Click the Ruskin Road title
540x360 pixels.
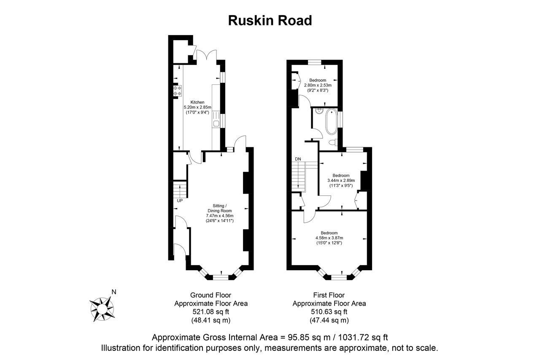tap(270, 20)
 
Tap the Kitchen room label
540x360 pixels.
tap(197, 102)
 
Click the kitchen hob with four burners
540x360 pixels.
tap(177, 90)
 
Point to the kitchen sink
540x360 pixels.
tap(216, 123)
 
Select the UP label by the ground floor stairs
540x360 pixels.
tap(180, 200)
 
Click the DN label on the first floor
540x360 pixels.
tap(298, 159)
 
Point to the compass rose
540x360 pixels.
tap(101, 308)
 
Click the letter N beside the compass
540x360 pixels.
tap(113, 292)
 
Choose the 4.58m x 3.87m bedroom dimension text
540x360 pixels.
tap(329, 238)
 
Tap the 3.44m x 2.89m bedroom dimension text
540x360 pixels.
tap(341, 180)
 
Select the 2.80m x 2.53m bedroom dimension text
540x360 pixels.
tap(318, 85)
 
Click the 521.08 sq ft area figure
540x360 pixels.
tap(211, 312)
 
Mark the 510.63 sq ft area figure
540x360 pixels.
tap(329, 312)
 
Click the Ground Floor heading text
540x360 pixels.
tap(211, 295)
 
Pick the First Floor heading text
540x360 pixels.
tap(329, 295)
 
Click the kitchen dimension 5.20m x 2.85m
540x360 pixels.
tap(197, 107)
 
